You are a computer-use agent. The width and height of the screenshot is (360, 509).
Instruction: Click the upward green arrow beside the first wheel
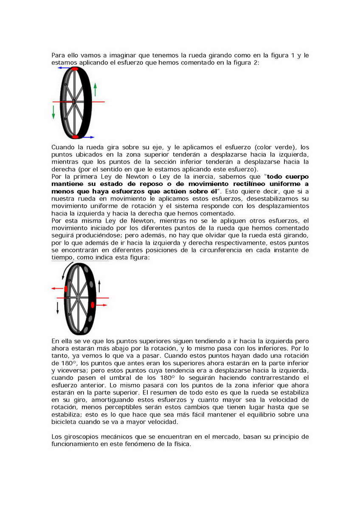tap(95, 89)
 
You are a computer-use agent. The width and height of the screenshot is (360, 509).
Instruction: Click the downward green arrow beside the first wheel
tap(54, 112)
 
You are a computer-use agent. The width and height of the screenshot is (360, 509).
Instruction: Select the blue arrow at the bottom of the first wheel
tap(88, 137)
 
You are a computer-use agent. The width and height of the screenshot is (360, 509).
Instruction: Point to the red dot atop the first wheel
tap(75, 68)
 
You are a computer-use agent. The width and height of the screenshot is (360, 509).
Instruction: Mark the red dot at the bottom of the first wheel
tap(76, 137)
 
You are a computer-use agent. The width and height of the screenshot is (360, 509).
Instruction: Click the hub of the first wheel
tap(73, 102)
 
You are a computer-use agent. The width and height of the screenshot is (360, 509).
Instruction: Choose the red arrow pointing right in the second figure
tap(101, 305)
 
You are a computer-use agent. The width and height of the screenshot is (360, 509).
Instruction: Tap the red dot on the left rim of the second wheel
tap(66, 288)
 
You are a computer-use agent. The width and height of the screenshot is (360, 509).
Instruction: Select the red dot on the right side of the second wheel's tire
tap(92, 305)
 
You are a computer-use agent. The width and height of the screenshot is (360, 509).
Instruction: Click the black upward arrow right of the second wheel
tap(99, 286)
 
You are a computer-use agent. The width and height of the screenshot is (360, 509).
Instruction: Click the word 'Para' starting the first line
tap(58, 55)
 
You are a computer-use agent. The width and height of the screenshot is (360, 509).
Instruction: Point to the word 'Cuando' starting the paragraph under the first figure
tap(63, 146)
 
